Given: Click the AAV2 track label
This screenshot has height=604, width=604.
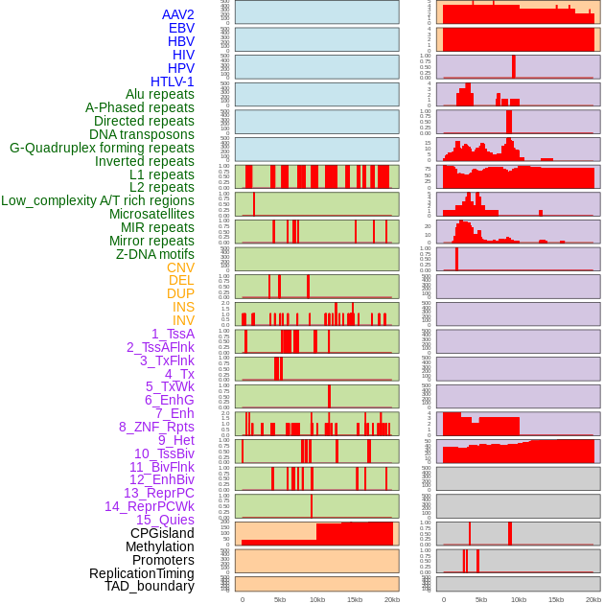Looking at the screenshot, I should [178, 14].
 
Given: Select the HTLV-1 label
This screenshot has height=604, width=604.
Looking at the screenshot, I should [173, 81].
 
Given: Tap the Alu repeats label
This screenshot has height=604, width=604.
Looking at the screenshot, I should [160, 95].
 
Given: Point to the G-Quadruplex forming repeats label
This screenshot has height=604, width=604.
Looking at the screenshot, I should [102, 148].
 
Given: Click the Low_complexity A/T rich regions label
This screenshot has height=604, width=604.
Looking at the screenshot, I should [98, 200].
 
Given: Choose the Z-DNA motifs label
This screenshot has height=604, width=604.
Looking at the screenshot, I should [155, 254].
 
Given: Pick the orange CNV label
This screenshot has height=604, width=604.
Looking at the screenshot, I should [180, 267].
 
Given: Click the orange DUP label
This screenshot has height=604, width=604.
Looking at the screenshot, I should [180, 293].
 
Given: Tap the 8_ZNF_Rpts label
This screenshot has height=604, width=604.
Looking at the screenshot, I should [156, 427].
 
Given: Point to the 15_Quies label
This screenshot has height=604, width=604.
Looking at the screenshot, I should [165, 520].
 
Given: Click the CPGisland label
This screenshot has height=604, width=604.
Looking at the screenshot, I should [162, 533].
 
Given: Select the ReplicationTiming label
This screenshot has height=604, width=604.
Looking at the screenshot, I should [142, 573].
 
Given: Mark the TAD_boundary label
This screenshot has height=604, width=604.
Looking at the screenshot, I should [150, 586].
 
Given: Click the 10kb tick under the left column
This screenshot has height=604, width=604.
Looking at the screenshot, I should [316, 599].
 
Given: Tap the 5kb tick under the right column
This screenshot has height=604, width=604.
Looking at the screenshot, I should [481, 599].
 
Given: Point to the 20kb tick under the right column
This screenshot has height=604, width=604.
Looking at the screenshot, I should [593, 599].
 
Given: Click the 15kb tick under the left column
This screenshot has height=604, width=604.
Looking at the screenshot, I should [355, 599].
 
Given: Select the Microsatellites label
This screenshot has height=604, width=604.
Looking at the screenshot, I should [151, 214].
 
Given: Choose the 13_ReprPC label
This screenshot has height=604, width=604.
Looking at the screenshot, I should [159, 493].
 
